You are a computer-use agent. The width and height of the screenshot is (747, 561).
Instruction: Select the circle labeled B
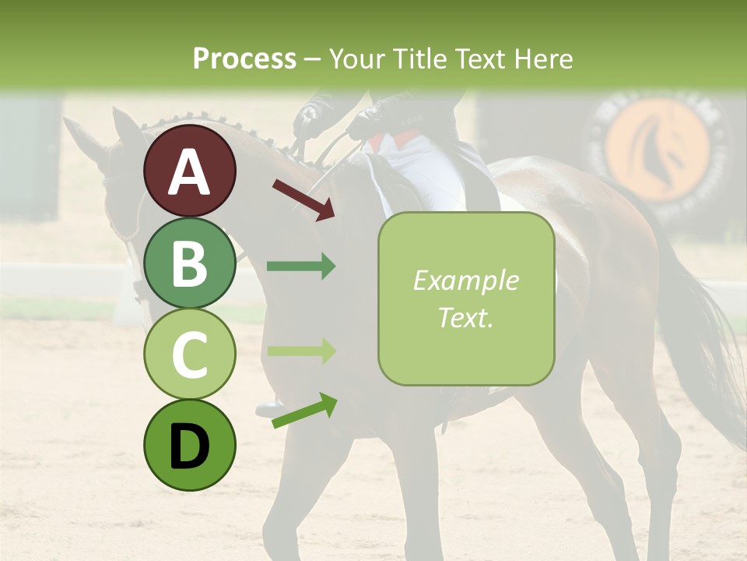click(190, 263)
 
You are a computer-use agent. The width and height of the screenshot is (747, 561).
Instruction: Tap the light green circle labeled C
click(190, 354)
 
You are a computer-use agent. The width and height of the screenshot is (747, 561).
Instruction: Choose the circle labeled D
click(190, 445)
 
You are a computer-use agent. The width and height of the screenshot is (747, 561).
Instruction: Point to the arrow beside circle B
click(301, 266)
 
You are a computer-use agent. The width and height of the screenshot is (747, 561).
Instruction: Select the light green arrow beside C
click(301, 351)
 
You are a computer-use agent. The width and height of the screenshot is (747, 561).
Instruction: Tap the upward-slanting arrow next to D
click(303, 411)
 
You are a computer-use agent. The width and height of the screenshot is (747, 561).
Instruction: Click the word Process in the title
click(244, 58)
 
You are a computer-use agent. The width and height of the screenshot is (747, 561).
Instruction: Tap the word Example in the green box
click(466, 280)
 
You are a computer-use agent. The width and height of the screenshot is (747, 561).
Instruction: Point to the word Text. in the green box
click(466, 317)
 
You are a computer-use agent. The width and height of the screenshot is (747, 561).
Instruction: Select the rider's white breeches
click(424, 168)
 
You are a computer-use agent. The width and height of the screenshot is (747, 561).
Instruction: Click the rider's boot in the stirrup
click(270, 406)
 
